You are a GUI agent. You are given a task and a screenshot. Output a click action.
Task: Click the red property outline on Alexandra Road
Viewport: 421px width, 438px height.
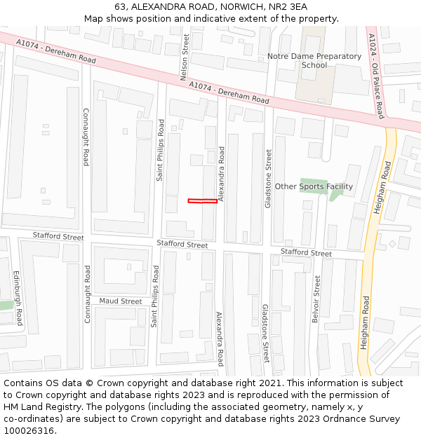point(203,202)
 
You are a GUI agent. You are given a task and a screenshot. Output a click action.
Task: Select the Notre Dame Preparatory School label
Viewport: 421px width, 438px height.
point(314,61)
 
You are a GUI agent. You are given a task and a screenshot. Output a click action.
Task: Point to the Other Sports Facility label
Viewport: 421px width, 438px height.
point(314,186)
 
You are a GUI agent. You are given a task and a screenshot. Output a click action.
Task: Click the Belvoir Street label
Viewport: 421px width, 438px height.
point(317,303)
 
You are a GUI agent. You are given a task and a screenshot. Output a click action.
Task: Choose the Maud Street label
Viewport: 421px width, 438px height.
point(120,301)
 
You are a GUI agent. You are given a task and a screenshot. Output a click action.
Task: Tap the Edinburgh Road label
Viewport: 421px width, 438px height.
point(18,299)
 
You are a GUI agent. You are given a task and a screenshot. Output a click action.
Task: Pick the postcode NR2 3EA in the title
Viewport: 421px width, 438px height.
point(288,6)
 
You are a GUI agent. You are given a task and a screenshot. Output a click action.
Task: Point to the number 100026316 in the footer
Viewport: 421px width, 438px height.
point(29,430)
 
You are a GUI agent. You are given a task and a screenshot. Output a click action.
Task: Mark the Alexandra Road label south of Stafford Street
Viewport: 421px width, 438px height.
point(220,339)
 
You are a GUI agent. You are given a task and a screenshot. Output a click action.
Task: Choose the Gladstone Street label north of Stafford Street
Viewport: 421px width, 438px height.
point(267,178)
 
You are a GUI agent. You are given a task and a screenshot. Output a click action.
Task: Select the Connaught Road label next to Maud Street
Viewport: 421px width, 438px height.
point(88,294)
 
